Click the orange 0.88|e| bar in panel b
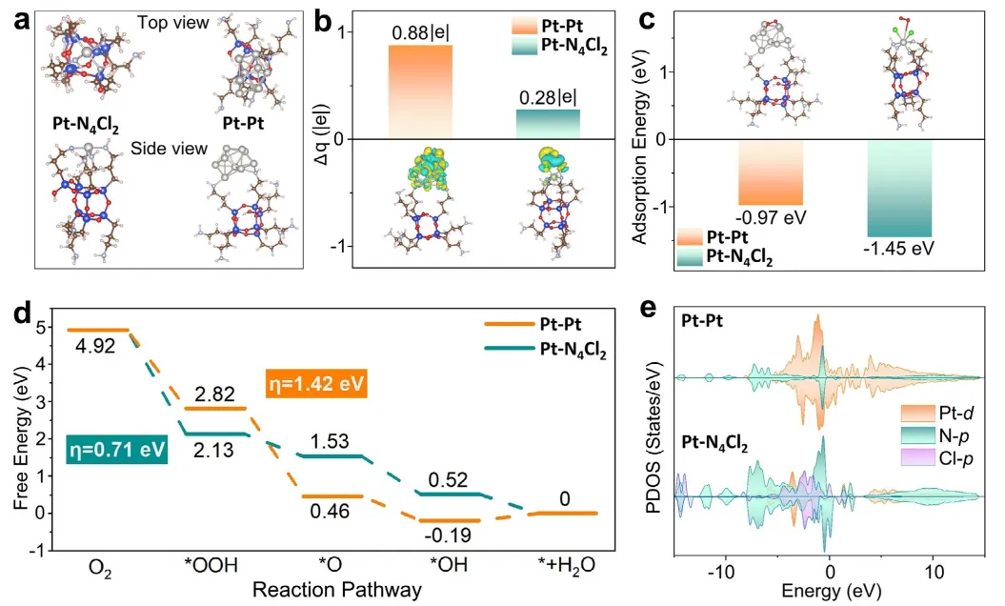click(x=420, y=91)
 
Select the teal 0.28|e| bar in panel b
click(x=548, y=124)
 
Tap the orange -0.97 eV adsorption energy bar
click(x=771, y=172)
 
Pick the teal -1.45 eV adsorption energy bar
click(x=899, y=189)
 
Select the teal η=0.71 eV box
click(x=116, y=449)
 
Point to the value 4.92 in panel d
click(x=95, y=347)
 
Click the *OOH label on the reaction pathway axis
click(x=211, y=565)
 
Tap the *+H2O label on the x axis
click(x=566, y=566)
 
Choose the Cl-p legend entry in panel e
click(x=937, y=458)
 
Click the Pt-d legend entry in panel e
click(x=937, y=412)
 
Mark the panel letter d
click(x=23, y=313)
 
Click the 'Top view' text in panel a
click(x=173, y=23)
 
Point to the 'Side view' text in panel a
click(x=170, y=149)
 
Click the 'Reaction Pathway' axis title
click(x=337, y=590)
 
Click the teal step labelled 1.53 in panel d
click(x=332, y=456)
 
